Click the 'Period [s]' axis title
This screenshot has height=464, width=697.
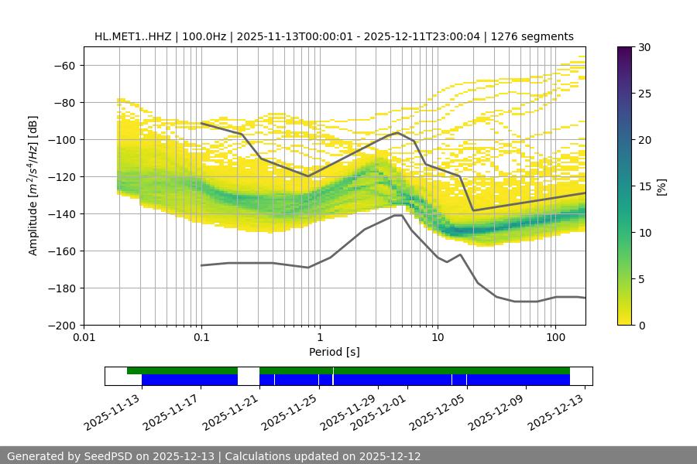[x=335, y=352]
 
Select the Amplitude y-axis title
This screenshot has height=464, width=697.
[x=33, y=186]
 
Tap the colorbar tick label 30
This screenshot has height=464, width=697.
[x=644, y=47]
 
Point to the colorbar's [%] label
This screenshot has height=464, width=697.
[x=661, y=186]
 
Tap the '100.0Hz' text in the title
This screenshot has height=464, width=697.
[x=204, y=36]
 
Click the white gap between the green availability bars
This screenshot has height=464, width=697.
[x=249, y=370]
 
